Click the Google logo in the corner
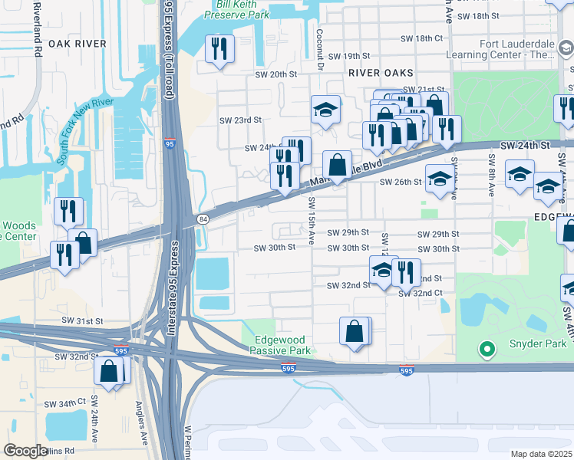(x=25, y=451)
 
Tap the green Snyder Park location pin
(x=485, y=350)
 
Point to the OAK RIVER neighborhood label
(x=77, y=44)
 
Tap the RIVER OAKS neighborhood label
(x=381, y=72)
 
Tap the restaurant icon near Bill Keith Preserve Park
(x=220, y=49)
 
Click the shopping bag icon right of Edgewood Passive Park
(x=355, y=331)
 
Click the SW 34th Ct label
(x=65, y=403)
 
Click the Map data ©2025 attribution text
(x=540, y=454)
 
